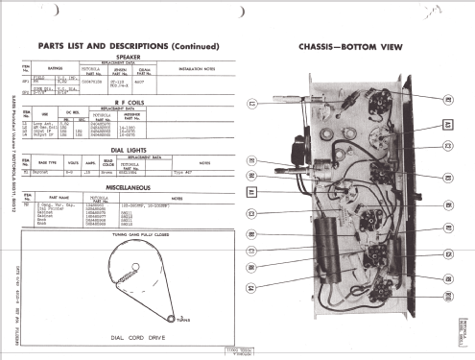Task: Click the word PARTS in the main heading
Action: pyautogui.click(x=51, y=46)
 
